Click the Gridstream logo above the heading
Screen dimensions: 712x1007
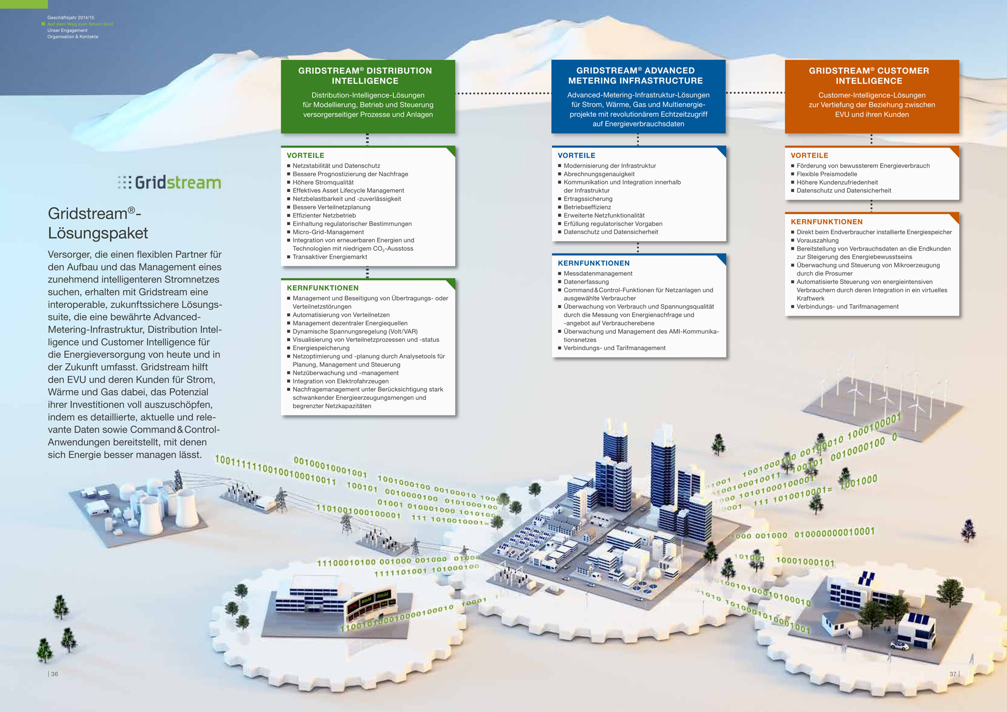pos(170,182)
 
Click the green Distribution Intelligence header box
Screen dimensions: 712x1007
pos(368,96)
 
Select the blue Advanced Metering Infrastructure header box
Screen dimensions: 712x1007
pos(638,96)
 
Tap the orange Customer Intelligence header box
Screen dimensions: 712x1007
pos(872,96)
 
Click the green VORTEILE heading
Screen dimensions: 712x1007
pos(305,156)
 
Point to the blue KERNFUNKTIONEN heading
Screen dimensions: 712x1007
pos(593,263)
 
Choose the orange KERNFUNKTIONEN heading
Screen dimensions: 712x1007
pos(826,222)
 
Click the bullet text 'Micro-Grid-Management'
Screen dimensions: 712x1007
pos(328,232)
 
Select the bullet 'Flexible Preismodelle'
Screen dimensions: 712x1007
pos(826,174)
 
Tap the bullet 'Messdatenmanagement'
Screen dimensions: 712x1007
pos(598,273)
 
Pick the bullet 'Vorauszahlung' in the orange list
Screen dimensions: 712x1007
pos(817,241)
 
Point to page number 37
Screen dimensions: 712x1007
pos(953,674)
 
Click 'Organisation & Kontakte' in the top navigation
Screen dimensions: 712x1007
pos(73,37)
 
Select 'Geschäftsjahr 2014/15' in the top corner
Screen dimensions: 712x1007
pos(70,18)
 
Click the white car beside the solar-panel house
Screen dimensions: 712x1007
pos(900,645)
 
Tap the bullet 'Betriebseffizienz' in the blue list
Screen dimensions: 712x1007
pos(587,207)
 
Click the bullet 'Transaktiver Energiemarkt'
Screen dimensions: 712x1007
pos(330,257)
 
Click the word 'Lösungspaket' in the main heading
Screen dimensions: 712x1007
pos(98,233)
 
